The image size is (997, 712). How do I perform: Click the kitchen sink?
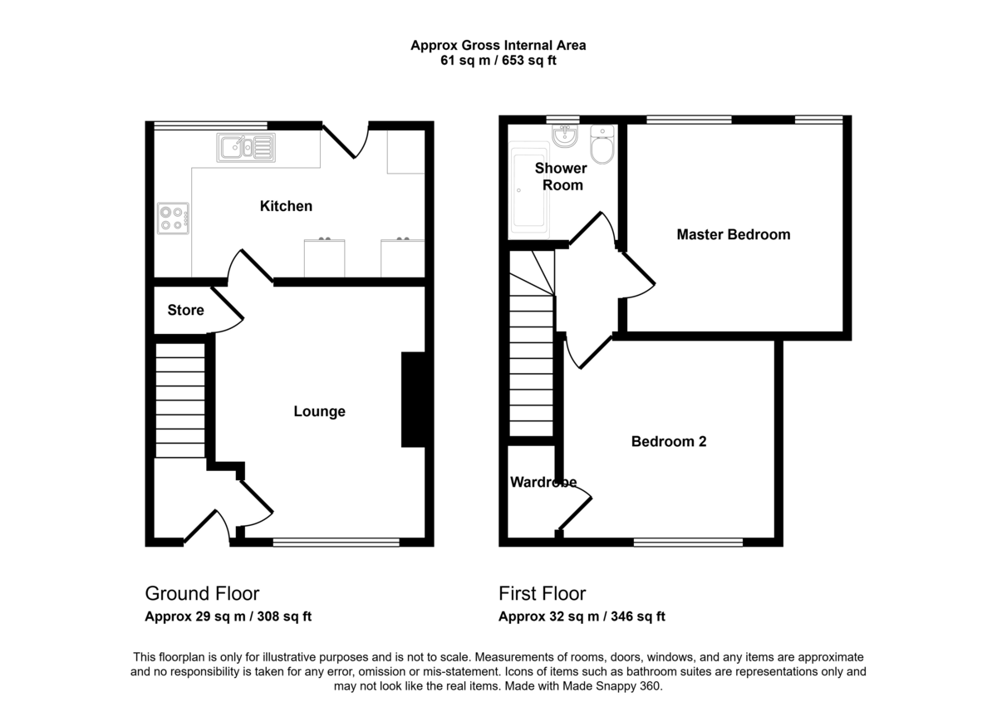tap(246, 147)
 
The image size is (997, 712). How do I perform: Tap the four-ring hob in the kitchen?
tap(173, 219)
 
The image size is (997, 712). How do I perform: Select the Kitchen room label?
tap(286, 206)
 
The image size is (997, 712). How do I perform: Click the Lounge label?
tap(320, 411)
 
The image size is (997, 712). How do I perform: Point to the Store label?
tap(185, 310)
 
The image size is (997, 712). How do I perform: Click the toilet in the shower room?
tap(602, 145)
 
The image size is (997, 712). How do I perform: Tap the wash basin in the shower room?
tap(565, 135)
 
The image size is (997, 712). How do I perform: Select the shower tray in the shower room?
tap(530, 187)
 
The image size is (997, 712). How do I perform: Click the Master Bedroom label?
tap(734, 234)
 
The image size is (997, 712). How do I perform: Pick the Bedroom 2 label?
tap(669, 441)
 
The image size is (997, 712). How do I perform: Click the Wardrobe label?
tap(543, 482)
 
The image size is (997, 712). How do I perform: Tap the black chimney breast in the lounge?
tap(414, 400)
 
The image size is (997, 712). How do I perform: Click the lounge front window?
tap(336, 542)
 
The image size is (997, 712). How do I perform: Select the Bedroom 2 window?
tap(688, 542)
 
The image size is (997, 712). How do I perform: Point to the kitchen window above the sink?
tap(210, 125)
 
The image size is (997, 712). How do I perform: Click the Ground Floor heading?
tap(202, 594)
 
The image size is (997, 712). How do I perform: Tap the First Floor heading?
tap(542, 594)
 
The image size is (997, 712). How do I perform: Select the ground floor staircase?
tap(179, 400)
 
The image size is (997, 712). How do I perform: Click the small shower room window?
tap(563, 120)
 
